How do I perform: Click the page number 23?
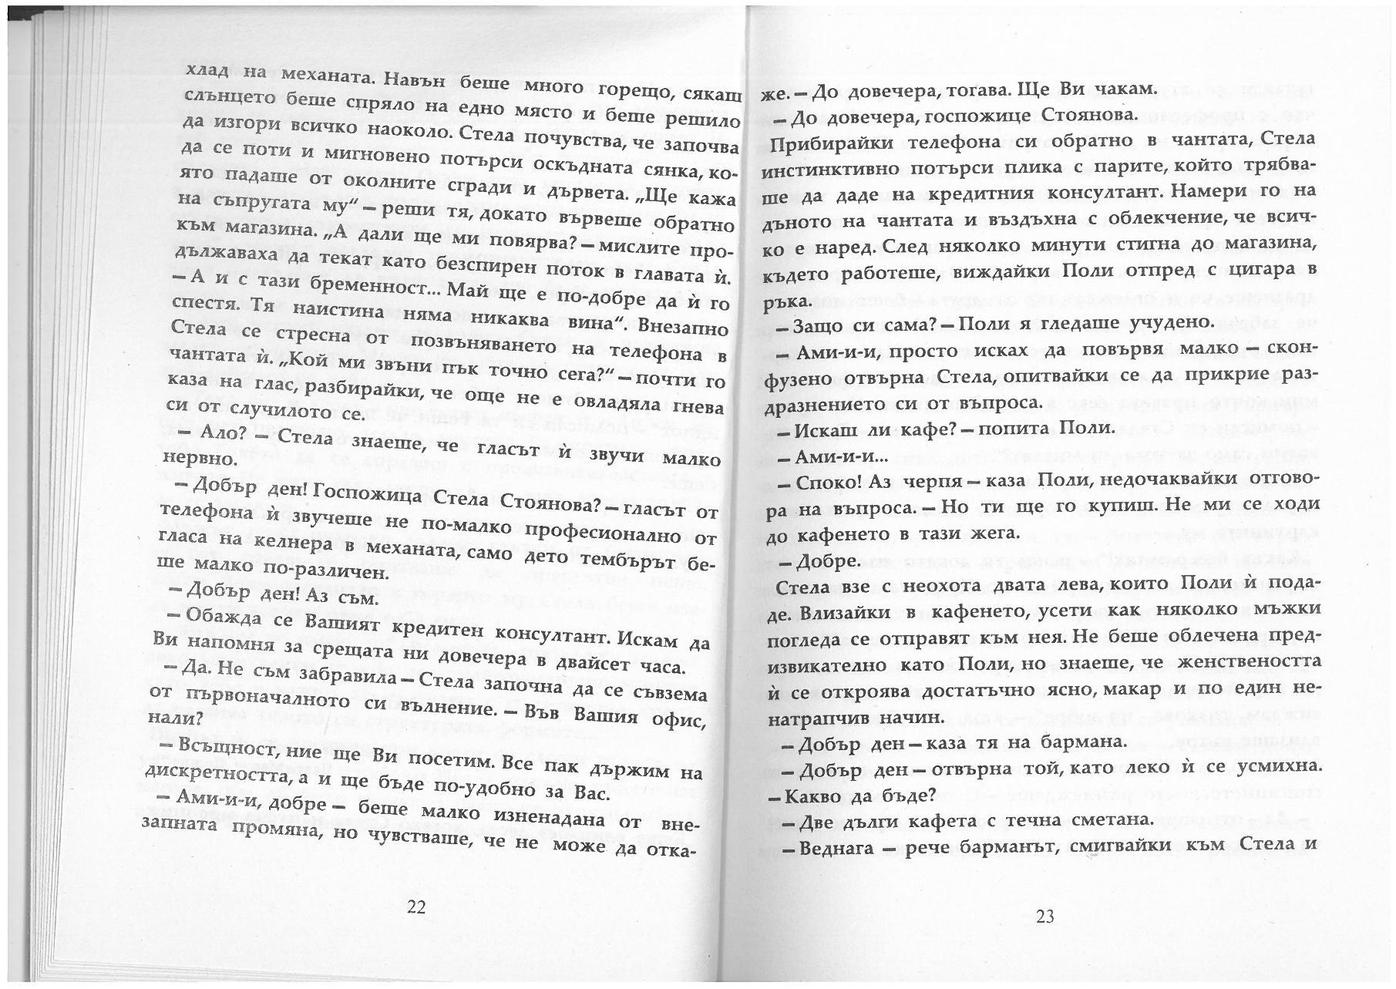[1045, 917]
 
